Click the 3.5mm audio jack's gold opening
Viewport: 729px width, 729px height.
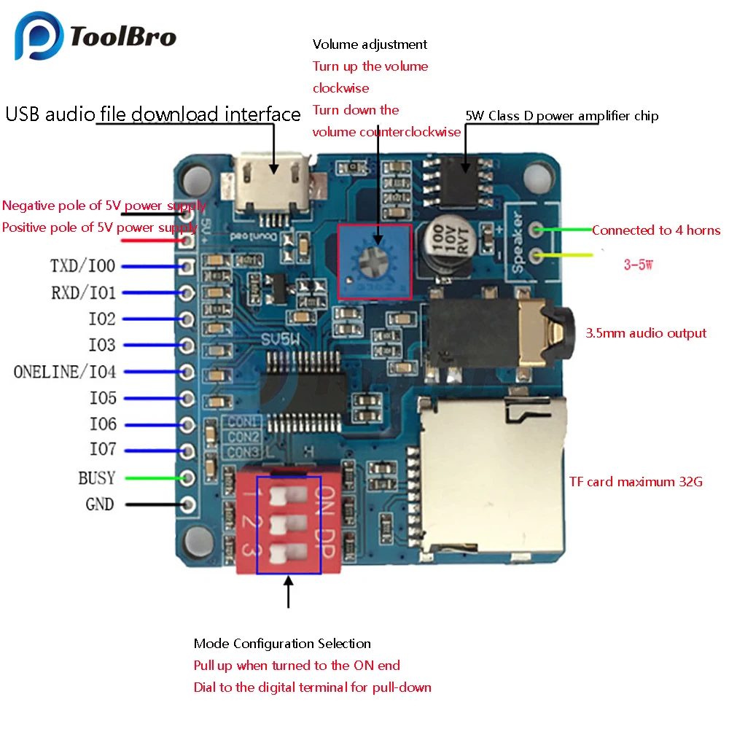pyautogui.click(x=556, y=332)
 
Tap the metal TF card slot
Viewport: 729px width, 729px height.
pyautogui.click(x=488, y=473)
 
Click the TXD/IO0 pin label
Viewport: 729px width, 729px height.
pyautogui.click(x=82, y=267)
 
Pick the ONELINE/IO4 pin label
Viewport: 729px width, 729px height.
pyautogui.click(x=65, y=372)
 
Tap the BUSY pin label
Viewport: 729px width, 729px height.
pyautogui.click(x=97, y=478)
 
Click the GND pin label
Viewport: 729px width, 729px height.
pyautogui.click(x=100, y=504)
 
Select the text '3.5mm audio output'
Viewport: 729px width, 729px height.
pyautogui.click(x=646, y=333)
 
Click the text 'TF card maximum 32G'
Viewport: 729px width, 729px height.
pyautogui.click(x=636, y=482)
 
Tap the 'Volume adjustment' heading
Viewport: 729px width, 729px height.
pyautogui.click(x=370, y=44)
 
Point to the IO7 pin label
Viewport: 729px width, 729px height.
pyautogui.click(x=102, y=451)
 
